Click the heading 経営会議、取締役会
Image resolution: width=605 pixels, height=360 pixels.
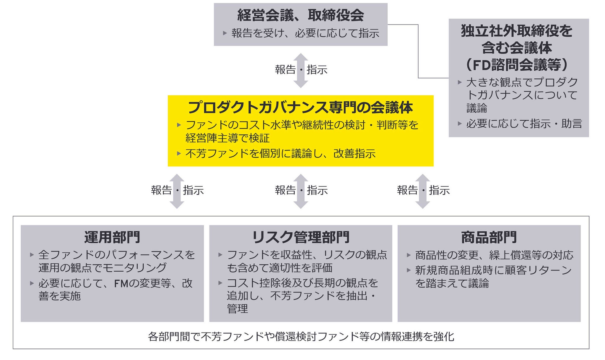click(300, 15)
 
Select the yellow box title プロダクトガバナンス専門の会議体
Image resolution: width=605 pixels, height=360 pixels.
click(300, 108)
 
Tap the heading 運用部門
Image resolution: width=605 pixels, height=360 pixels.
click(112, 237)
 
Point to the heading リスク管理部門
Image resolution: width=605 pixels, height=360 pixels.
click(300, 237)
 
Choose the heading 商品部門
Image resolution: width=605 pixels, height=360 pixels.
click(489, 237)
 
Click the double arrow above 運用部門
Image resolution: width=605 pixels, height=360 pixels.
click(177, 191)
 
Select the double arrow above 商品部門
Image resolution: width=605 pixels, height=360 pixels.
click(423, 191)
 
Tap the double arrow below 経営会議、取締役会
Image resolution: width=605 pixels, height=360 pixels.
click(301, 70)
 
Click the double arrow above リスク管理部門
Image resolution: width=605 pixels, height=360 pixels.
click(301, 191)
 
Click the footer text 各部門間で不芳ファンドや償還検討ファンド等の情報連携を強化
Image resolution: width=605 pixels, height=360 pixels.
click(301, 337)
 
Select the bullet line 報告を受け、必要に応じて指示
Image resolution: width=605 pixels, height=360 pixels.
click(305, 33)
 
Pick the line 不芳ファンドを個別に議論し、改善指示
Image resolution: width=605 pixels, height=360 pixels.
click(280, 154)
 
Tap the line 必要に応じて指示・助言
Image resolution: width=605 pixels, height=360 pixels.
click(524, 124)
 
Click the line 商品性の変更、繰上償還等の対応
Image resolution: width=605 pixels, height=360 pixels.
click(494, 255)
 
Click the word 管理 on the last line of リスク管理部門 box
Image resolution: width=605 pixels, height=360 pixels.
click(237, 309)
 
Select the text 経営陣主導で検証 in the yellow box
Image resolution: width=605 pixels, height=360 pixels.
click(227, 138)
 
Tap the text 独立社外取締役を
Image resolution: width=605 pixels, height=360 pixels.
click(517, 31)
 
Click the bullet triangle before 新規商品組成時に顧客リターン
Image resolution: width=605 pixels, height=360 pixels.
click(409, 270)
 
